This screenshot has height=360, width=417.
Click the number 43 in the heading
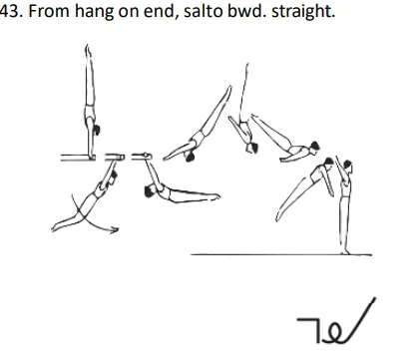[9, 13]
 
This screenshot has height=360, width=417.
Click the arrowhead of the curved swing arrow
[116, 230]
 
